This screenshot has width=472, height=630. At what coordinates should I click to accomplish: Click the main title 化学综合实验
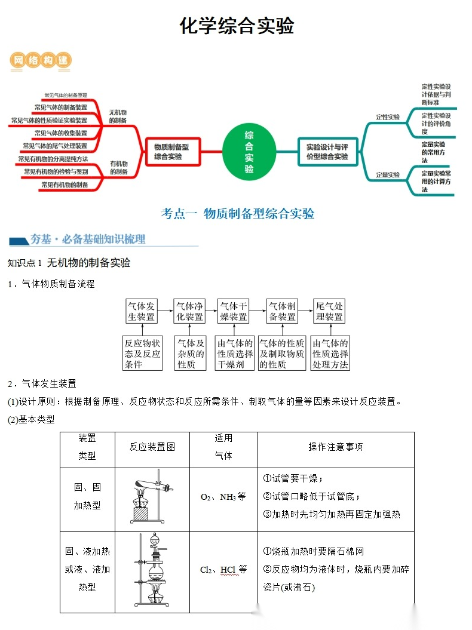(x=237, y=26)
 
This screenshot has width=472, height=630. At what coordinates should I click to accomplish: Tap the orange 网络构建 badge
(x=41, y=60)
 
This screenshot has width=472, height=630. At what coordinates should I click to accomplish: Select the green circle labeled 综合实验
(x=249, y=152)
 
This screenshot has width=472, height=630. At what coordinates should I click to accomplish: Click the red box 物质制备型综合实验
(x=172, y=152)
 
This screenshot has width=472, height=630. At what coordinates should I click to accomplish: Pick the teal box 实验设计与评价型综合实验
(x=327, y=152)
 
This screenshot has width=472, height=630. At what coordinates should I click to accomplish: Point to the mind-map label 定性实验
(x=388, y=117)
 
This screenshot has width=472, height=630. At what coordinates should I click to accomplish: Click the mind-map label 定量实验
(x=388, y=175)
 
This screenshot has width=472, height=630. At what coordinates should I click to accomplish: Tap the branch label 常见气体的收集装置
(x=60, y=133)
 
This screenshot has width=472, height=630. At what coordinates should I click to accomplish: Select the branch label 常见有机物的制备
(x=65, y=185)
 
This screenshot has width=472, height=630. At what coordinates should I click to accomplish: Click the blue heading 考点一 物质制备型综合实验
(x=238, y=214)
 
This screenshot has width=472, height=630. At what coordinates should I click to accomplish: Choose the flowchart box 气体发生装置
(x=141, y=312)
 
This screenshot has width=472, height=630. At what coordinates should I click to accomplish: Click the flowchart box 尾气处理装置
(x=329, y=312)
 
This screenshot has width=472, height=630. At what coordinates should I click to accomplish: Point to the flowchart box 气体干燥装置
(x=233, y=312)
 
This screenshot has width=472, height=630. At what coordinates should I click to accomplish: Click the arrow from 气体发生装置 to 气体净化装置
(x=165, y=311)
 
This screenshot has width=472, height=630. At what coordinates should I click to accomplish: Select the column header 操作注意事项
(x=335, y=447)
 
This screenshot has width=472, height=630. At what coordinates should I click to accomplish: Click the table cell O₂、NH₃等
(x=223, y=497)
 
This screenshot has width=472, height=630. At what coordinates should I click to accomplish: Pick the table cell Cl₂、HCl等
(x=223, y=570)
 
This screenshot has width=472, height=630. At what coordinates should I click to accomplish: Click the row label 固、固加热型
(x=87, y=496)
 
